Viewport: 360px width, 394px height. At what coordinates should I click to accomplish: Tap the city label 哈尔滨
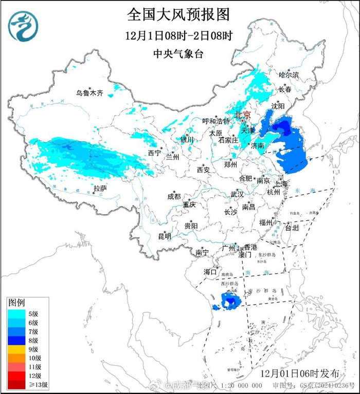[289, 75]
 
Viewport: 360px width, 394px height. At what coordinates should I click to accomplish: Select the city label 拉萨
[100, 189]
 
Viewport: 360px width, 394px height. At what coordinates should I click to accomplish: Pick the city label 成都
[173, 196]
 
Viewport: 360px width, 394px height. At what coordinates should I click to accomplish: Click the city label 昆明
[164, 236]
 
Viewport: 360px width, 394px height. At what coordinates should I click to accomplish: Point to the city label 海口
[210, 271]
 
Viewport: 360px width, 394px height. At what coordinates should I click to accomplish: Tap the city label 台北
[292, 227]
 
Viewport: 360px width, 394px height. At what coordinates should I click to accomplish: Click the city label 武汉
[237, 195]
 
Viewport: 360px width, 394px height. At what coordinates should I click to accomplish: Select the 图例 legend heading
[17, 303]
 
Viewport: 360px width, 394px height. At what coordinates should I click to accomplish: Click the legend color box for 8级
[15, 340]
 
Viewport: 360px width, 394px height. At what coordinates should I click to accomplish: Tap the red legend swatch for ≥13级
[15, 384]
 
